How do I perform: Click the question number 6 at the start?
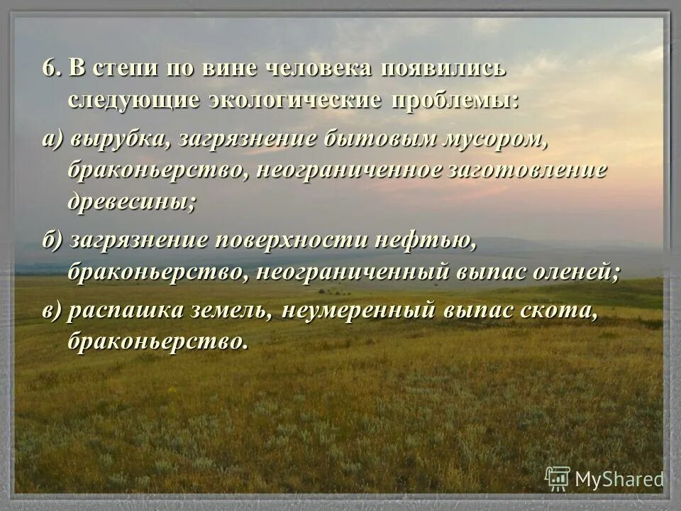[x=50, y=70]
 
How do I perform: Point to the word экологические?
[x=295, y=100]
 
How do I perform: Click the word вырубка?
[x=120, y=140]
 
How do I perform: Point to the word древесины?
[x=131, y=201]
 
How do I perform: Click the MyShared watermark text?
[x=619, y=480]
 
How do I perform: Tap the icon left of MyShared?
[x=558, y=479]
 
